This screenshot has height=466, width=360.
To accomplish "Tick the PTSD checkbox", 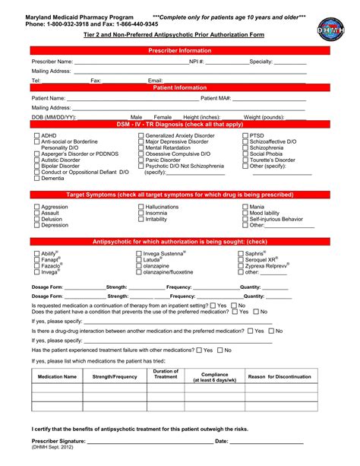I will click(x=245, y=135).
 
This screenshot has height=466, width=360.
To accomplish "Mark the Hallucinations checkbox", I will click(x=141, y=207).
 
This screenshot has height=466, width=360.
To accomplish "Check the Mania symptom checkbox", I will click(x=245, y=207).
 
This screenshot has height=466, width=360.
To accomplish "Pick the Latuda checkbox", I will click(x=139, y=260).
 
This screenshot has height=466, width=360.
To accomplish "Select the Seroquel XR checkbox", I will click(x=241, y=260).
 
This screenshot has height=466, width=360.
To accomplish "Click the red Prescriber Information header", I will click(x=179, y=50).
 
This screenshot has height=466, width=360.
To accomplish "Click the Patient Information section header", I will click(x=179, y=87).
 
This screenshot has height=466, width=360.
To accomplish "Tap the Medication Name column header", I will click(x=57, y=376).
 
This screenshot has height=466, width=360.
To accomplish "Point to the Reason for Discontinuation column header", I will click(x=279, y=376).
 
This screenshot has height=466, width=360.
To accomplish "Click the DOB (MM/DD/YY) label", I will click(x=54, y=117).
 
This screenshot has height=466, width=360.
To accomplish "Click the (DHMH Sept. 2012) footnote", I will click(x=54, y=449).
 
